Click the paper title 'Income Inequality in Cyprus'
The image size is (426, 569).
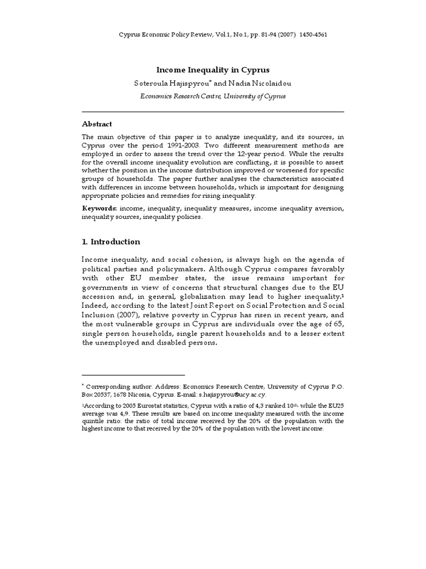click(213, 70)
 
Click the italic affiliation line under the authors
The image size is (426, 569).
click(213, 95)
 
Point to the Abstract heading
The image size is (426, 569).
click(97, 124)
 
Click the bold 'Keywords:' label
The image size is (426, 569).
click(99, 208)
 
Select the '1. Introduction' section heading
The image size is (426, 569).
click(111, 242)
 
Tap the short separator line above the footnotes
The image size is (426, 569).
click(133, 375)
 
